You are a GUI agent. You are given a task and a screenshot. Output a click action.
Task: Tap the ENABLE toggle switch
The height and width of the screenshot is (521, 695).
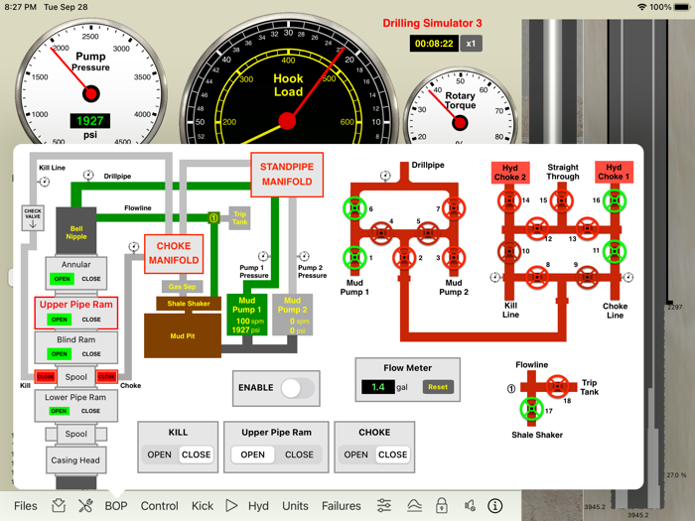(297, 388)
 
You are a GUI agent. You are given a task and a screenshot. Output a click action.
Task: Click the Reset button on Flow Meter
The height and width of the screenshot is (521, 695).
(437, 387)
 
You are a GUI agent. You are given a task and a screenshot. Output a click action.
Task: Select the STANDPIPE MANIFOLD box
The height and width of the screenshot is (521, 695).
(287, 174)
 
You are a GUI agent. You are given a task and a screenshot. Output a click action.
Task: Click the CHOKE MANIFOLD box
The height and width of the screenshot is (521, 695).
(174, 253)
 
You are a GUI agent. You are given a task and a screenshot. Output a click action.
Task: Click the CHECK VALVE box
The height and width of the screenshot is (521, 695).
(33, 217)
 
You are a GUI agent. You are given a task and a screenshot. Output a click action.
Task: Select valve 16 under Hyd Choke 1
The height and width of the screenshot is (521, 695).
(615, 201)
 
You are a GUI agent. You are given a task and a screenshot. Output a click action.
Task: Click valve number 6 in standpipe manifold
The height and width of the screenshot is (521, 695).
(354, 208)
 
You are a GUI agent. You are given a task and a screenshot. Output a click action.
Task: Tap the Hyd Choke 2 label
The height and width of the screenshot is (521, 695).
(509, 173)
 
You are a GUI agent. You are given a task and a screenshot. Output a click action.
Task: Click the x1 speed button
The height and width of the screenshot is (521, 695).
(473, 44)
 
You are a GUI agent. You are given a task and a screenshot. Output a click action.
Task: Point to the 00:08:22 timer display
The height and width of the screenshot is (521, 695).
(434, 44)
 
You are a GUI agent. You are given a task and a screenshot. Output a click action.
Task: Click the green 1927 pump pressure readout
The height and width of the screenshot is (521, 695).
(90, 121)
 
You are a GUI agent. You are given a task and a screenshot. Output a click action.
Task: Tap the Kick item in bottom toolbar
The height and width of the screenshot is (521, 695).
(203, 505)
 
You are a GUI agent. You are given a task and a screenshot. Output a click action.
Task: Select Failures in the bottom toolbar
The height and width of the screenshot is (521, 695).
(341, 505)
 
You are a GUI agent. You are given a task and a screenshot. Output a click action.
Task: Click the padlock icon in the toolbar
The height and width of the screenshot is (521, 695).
(442, 505)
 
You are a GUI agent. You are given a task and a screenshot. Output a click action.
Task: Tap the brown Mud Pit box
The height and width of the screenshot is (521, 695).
(183, 336)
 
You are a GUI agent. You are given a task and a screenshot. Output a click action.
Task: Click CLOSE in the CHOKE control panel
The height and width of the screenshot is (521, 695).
(392, 455)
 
